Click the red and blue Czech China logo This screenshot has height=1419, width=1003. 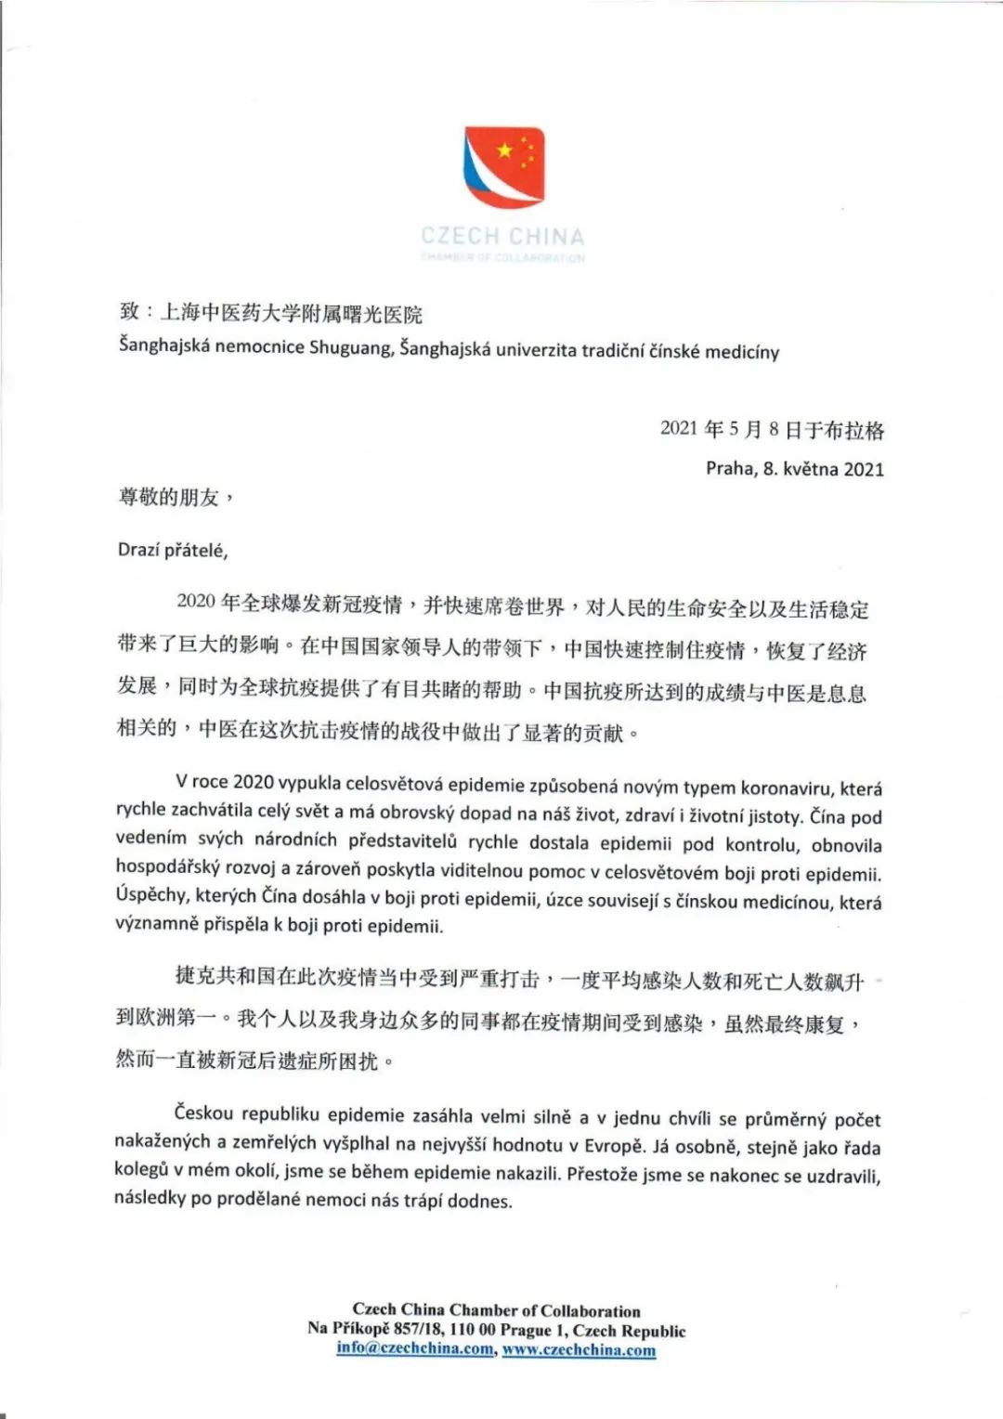(x=504, y=167)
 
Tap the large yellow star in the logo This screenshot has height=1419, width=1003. (x=504, y=150)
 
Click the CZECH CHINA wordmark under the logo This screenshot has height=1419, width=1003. (x=502, y=236)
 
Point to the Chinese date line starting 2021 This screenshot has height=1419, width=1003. (x=772, y=429)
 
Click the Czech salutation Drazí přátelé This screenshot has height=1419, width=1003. (x=173, y=550)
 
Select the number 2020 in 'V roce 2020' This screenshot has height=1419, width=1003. (x=254, y=782)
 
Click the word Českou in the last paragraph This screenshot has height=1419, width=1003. (x=204, y=1113)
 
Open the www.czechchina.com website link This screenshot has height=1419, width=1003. (x=579, y=1349)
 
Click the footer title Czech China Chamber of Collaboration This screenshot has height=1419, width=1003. (x=496, y=1310)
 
